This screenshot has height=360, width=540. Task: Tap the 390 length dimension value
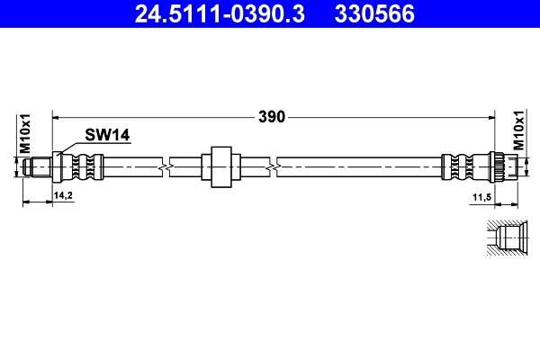click(272, 116)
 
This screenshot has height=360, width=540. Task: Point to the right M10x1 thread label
click(519, 132)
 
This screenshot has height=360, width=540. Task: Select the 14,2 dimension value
click(63, 194)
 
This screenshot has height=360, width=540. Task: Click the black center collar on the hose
click(220, 166)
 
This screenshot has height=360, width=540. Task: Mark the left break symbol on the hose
click(163, 166)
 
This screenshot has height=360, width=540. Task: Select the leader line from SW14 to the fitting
click(71, 145)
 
